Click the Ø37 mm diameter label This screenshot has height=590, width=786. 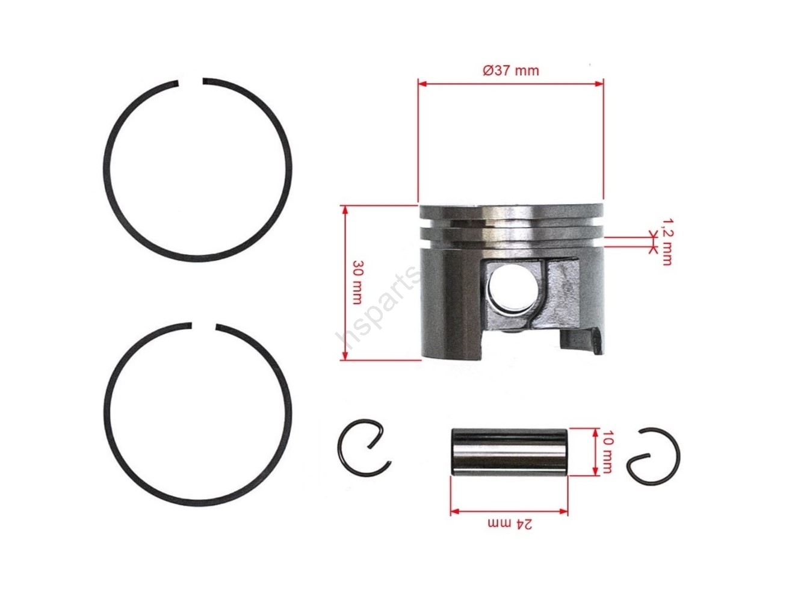click(510, 70)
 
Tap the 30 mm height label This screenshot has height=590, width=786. click(357, 282)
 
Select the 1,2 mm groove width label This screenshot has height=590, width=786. click(666, 242)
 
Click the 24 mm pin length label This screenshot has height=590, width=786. click(510, 524)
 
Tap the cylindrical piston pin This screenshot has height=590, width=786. click(509, 452)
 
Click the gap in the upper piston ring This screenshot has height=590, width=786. click(191, 82)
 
